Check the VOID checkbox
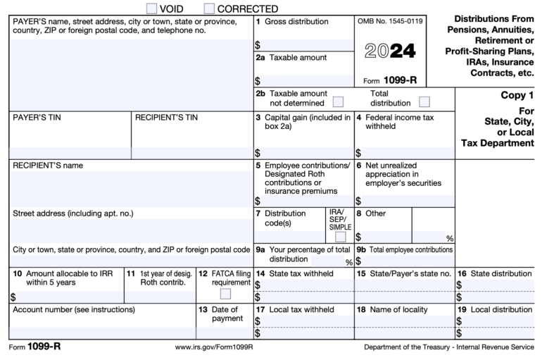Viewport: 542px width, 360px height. pos(152,8)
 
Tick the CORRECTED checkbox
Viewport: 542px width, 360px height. pos(209,8)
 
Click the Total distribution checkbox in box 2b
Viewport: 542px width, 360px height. pos(424,102)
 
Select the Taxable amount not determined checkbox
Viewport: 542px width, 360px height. pos(338,102)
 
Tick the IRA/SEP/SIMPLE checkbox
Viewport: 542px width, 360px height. pos(341,237)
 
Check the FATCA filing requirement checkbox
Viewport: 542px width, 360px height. pos(225,294)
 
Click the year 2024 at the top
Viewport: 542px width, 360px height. pos(391,51)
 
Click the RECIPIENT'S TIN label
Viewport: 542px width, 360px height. pos(166,118)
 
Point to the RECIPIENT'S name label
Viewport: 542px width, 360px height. pos(48,166)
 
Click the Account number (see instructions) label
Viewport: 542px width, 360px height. pos(73,309)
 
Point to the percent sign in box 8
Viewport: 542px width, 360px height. pos(449,238)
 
